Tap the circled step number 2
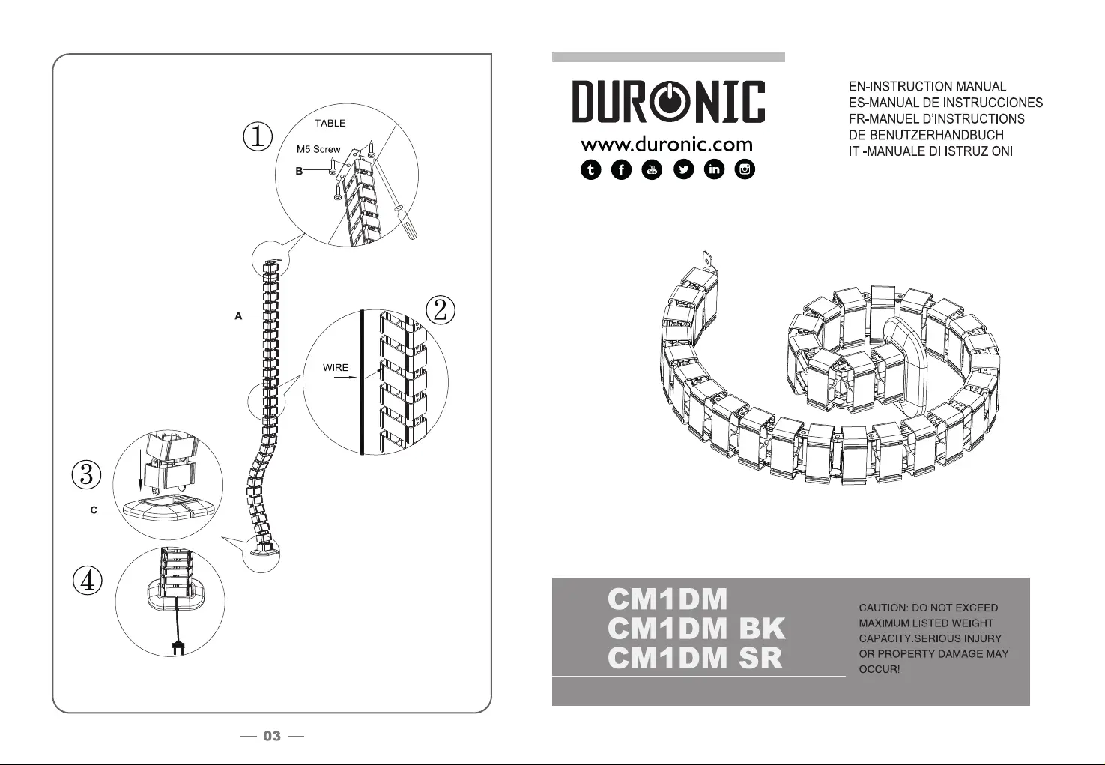[441, 310]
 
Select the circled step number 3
[87, 474]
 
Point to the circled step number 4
[88, 581]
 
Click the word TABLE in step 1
[330, 124]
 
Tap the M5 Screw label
[318, 149]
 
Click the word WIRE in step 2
[336, 368]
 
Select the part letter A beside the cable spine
[238, 316]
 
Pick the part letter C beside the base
[94, 510]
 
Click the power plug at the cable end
[178, 649]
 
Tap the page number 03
[272, 737]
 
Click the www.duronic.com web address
[667, 144]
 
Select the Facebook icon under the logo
[622, 170]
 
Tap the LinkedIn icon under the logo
[715, 170]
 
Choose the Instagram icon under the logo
[745, 170]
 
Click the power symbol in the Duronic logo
[667, 102]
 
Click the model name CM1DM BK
[696, 629]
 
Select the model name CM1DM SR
[695, 659]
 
